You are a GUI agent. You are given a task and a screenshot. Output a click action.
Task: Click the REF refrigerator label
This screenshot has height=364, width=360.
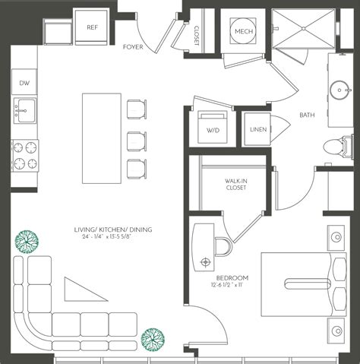click(93, 27)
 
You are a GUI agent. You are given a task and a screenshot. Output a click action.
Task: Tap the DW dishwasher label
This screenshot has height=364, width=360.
click(25, 84)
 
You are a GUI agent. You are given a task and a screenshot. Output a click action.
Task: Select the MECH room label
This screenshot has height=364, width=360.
click(245, 32)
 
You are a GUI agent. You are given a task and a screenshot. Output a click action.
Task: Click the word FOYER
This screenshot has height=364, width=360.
click(134, 47)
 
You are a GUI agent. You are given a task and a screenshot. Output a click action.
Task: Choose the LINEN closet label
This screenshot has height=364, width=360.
click(257, 130)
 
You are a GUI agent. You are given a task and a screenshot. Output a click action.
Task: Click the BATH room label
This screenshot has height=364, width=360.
click(307, 116)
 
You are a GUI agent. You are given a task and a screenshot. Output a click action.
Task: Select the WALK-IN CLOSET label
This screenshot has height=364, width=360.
click(234, 185)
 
